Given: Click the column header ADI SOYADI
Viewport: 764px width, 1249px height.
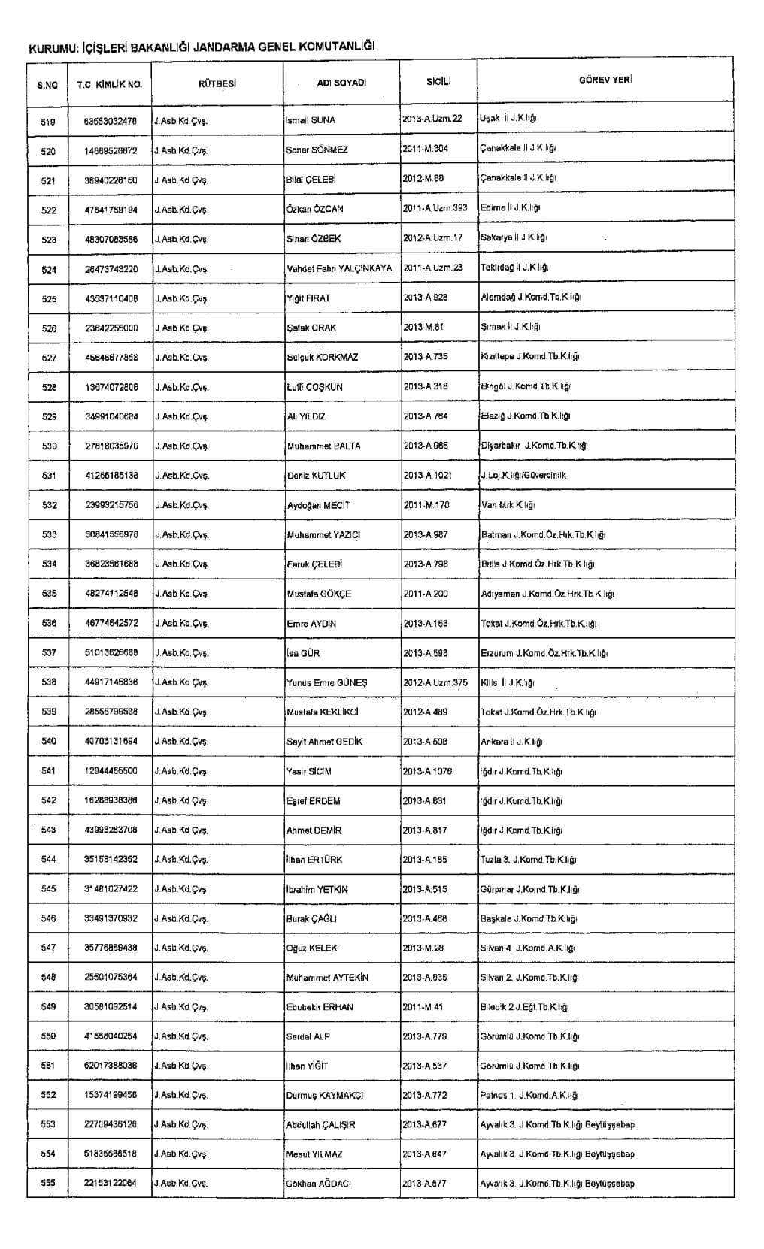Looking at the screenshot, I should coord(341,83).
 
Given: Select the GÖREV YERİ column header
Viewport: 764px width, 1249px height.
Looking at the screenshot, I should coord(605,80).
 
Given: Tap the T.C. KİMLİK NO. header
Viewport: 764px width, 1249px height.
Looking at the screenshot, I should coord(109,84).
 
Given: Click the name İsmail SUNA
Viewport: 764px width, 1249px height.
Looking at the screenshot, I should coord(311,120).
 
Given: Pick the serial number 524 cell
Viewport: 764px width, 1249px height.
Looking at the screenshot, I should coord(49,269).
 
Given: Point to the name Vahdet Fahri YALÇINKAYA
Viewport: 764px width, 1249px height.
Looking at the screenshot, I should coord(339,268).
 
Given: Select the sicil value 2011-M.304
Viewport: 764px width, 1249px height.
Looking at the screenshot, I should coord(425,149).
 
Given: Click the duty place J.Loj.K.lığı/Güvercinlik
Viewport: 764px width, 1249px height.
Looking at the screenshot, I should coord(523,475).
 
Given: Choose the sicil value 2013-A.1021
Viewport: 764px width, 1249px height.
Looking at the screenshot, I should coord(428,475).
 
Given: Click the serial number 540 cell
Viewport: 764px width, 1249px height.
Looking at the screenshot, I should coord(49,742).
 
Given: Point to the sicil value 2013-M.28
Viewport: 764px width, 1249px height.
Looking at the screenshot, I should coord(423,948).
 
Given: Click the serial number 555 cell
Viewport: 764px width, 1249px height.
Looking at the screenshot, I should coord(49,1184).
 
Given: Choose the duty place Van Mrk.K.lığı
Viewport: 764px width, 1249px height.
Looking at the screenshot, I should coord(508,505).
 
